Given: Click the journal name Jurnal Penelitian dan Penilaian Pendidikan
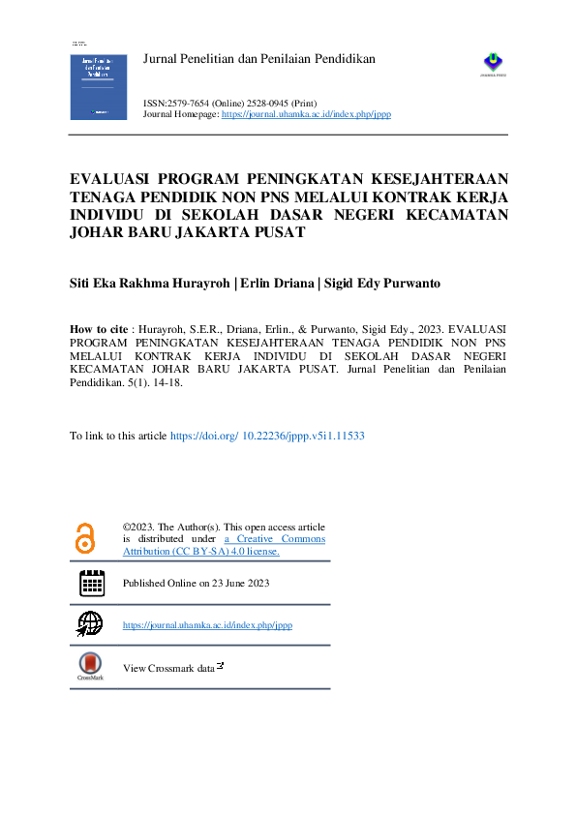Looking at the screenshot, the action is point(258,60).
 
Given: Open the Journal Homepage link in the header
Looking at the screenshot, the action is point(306,114).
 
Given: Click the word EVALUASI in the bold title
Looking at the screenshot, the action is point(118,178).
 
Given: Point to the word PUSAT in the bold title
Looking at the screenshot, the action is point(276,233).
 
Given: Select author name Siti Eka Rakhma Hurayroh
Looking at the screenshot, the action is point(150,285).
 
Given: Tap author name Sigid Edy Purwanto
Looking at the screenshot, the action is point(386,285).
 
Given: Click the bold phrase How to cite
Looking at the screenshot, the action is point(100,328).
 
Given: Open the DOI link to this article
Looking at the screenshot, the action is point(267,437).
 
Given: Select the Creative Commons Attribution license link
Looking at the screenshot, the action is point(225,545).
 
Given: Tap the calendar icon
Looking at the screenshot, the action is point(92,583).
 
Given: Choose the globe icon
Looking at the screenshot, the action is point(90,623).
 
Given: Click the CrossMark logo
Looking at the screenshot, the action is point(90,665).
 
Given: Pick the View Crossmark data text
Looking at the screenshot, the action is point(168,668).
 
